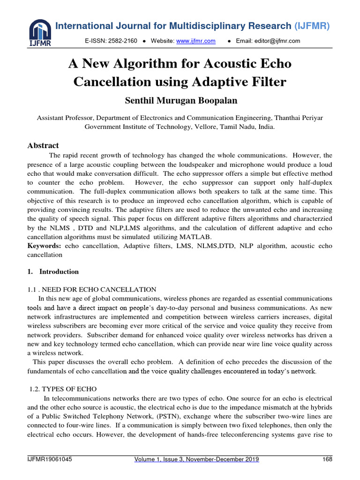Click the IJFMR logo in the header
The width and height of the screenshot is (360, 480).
point(39,33)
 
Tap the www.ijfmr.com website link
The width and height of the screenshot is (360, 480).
point(195,41)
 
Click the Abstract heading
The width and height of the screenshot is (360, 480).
point(44,145)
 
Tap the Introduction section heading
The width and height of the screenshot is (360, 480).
point(59,272)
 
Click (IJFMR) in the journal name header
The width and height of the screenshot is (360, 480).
point(312,26)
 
